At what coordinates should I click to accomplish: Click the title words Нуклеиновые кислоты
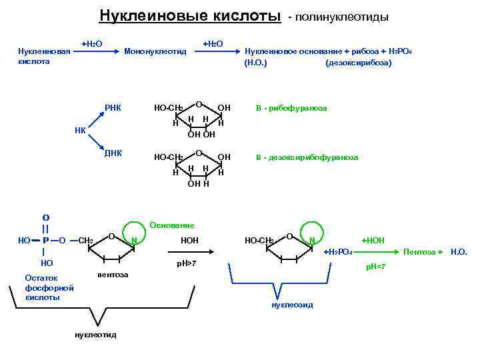190,15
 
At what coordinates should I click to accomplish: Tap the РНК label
113,107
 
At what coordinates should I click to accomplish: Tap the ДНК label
113,153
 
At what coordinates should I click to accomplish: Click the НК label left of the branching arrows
80,130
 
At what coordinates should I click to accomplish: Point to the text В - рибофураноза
291,107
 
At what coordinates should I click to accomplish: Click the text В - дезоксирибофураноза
307,157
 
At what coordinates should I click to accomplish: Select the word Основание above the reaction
172,225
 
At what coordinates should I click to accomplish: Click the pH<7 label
375,267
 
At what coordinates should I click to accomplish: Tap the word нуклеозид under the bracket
292,305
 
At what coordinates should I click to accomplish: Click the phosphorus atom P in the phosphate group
45,240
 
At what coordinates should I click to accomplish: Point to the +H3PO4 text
338,252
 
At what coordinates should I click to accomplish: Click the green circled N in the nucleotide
134,240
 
